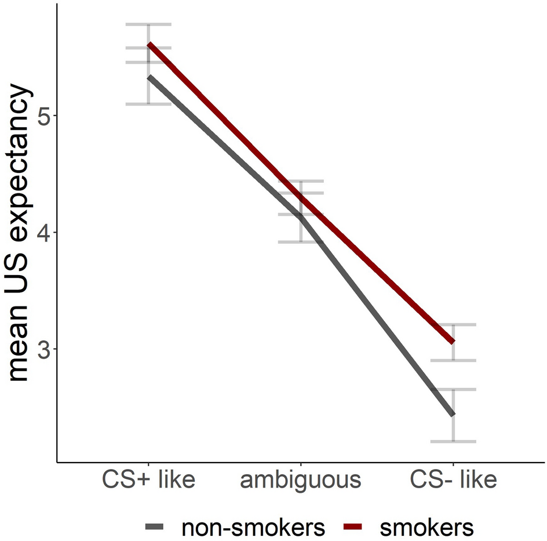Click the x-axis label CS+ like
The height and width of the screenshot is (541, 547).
pos(148,481)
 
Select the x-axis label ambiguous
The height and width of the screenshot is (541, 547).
pos(301,481)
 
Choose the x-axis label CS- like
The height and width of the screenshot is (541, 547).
pos(453,481)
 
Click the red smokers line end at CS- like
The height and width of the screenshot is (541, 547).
pos(453,342)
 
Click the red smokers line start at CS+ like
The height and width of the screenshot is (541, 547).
pos(149,44)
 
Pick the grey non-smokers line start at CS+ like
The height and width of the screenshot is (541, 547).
pos(149,77)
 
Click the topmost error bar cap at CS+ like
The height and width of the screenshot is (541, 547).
pos(149,24)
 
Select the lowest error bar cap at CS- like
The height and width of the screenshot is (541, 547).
pos(453,442)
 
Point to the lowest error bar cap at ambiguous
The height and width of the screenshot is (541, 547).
pos(301,242)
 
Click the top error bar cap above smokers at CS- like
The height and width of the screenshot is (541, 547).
pos(453,324)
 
